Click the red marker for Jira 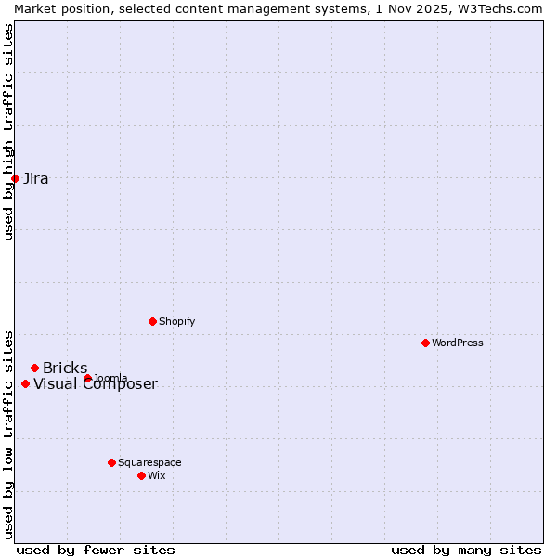click(x=16, y=178)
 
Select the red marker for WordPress click(x=425, y=343)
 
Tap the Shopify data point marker click(x=152, y=321)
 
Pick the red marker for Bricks click(x=34, y=368)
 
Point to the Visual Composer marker click(x=25, y=383)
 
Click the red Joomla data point click(x=87, y=378)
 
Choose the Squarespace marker click(x=111, y=462)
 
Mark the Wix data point click(x=141, y=475)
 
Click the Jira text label click(x=36, y=179)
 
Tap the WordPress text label click(x=458, y=343)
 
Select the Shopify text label click(x=176, y=321)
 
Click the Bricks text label click(x=65, y=369)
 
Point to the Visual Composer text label click(x=96, y=384)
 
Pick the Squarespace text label click(x=149, y=462)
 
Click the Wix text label click(x=156, y=475)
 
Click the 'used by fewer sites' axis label click(x=96, y=550)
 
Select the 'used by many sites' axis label click(x=466, y=550)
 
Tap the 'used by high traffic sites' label click(x=8, y=132)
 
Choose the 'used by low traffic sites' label click(x=8, y=434)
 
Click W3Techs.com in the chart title click(x=502, y=8)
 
